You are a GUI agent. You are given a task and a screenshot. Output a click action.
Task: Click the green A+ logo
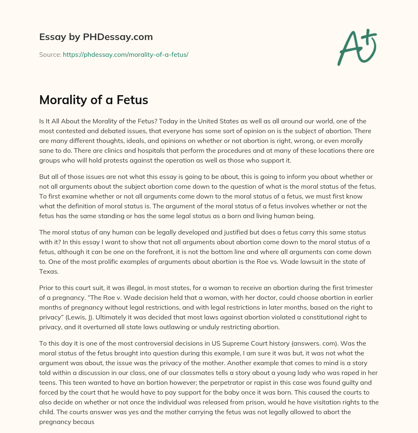point(356,47)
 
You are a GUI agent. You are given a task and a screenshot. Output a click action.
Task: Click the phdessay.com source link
point(125,54)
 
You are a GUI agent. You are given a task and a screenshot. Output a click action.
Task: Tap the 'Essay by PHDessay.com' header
point(96,37)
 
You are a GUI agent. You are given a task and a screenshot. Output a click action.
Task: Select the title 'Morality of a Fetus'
point(93,100)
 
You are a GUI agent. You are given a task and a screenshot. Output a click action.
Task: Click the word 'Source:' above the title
point(50,54)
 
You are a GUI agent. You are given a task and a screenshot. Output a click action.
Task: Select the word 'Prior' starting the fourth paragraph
point(47,288)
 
